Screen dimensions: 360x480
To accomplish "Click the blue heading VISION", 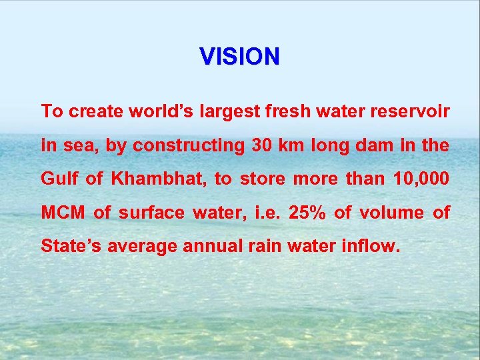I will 240,57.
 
